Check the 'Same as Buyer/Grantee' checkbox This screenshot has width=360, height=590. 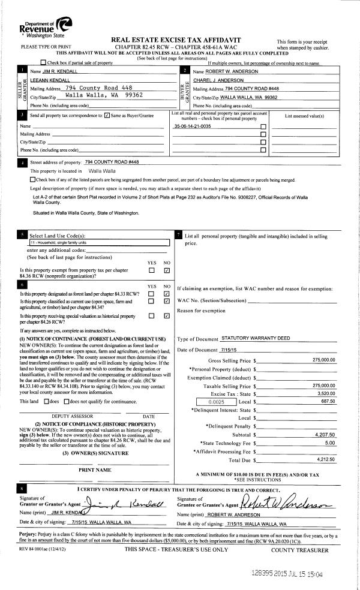(107, 115)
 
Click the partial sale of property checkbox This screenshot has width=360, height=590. (43, 62)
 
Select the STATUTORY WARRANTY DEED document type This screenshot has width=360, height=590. (256, 338)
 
